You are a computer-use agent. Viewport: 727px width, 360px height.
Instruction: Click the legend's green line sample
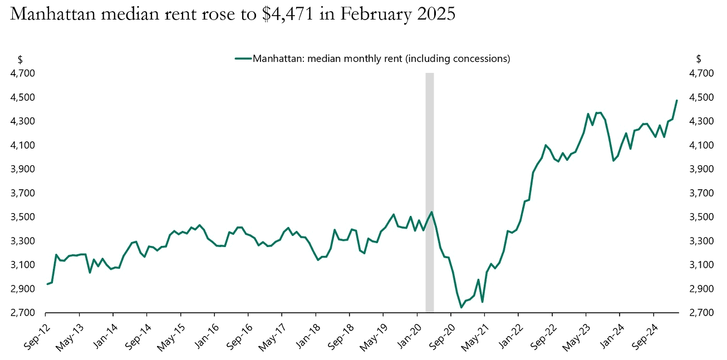tap(243, 58)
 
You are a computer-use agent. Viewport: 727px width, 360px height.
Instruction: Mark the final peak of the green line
tap(676, 101)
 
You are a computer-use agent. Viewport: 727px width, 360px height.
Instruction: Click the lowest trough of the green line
tap(461, 307)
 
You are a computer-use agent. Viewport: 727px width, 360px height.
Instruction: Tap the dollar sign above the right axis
tap(699, 59)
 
